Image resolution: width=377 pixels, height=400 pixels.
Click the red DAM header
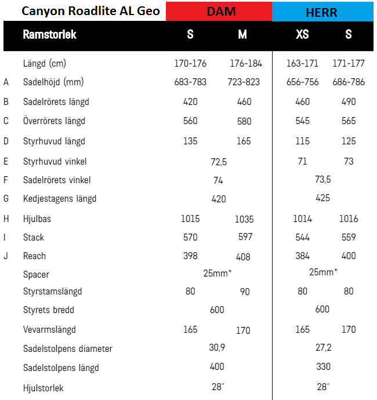(x=219, y=11)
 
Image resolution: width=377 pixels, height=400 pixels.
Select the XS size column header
(x=302, y=35)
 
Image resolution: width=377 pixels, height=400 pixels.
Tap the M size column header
(x=242, y=35)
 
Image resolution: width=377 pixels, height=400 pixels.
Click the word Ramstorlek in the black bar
(x=49, y=35)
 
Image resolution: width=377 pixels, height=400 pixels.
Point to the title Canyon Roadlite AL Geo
(x=90, y=11)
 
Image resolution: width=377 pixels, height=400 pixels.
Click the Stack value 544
(x=302, y=237)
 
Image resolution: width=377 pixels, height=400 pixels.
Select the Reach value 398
(x=190, y=256)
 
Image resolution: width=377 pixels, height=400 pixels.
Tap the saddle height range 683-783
(x=190, y=82)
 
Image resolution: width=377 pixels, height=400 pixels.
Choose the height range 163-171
(x=302, y=63)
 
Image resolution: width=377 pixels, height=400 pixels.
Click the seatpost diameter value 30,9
(x=217, y=348)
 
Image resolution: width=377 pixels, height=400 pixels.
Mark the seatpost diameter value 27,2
(x=323, y=348)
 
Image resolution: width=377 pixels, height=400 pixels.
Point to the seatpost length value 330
(x=323, y=367)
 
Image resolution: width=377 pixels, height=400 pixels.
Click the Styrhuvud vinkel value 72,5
(x=219, y=161)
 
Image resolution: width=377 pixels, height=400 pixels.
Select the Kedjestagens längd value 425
(x=323, y=198)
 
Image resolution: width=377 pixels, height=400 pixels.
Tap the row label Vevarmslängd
(x=49, y=330)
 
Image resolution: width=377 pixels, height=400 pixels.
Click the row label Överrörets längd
(x=54, y=121)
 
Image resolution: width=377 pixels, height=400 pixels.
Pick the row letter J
(x=6, y=256)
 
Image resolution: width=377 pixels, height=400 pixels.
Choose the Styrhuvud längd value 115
(x=302, y=141)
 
